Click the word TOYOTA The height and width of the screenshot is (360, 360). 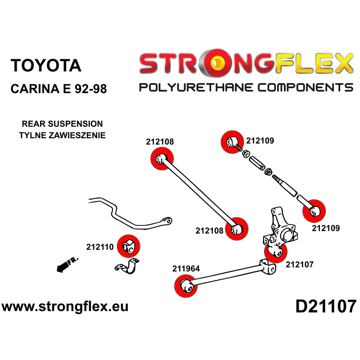coord(45,65)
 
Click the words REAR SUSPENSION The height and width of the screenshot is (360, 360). coord(62,124)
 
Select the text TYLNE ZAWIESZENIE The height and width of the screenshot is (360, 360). coord(62,134)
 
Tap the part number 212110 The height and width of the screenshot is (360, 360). coord(100,247)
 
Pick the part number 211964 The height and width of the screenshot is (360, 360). coord(186,269)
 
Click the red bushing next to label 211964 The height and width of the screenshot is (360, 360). coord(185,285)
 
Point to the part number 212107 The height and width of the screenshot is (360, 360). coord(299,265)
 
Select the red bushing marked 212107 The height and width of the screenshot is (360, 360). coord(275,252)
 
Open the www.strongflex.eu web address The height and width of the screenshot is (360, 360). coord(65,307)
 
